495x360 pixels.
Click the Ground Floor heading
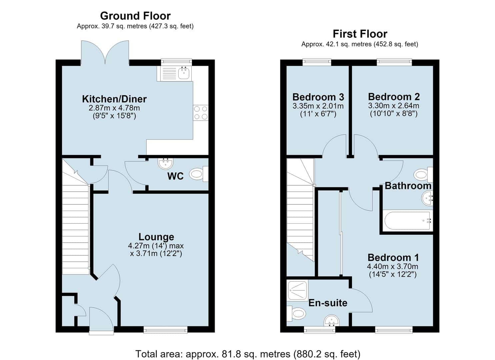[x=135, y=16]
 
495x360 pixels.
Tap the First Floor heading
[x=360, y=34]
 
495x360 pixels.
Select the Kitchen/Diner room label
[x=114, y=99]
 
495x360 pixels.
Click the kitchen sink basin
[x=184, y=73]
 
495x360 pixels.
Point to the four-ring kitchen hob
[x=201, y=113]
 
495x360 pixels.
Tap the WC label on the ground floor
[x=175, y=176]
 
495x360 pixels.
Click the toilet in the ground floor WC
[x=199, y=174]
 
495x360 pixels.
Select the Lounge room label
[x=156, y=237]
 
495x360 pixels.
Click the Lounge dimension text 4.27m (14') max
[x=156, y=246]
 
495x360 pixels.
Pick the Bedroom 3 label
[x=318, y=97]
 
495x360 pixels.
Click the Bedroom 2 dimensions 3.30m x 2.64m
[x=394, y=106]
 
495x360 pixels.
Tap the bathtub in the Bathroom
[x=408, y=221]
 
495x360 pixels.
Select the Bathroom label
[x=408, y=186]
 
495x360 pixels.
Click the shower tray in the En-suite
[x=297, y=290]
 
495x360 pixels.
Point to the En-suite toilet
[x=296, y=314]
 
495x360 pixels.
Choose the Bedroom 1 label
[x=393, y=258]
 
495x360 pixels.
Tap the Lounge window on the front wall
[x=166, y=330]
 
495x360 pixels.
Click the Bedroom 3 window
[x=317, y=62]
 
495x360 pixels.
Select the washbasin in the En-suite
[x=331, y=321]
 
